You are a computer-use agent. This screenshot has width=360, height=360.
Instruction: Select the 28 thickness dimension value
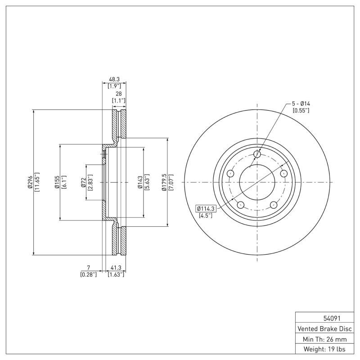click(x=119, y=94)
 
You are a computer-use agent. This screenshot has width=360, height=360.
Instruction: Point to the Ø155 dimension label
click(x=57, y=182)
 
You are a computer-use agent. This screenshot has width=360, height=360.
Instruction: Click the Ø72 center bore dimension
click(x=84, y=182)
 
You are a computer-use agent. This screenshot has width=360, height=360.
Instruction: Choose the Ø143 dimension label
click(x=140, y=182)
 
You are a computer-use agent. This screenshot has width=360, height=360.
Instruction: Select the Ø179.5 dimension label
click(x=164, y=182)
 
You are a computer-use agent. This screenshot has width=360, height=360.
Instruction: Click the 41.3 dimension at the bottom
click(x=116, y=267)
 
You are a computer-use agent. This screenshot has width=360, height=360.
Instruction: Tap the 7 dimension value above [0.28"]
click(x=89, y=267)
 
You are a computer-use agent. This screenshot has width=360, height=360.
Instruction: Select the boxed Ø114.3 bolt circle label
click(x=206, y=208)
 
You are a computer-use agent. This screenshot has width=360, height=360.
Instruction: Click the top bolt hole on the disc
click(x=257, y=155)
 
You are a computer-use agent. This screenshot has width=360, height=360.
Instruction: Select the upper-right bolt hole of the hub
click(x=283, y=174)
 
